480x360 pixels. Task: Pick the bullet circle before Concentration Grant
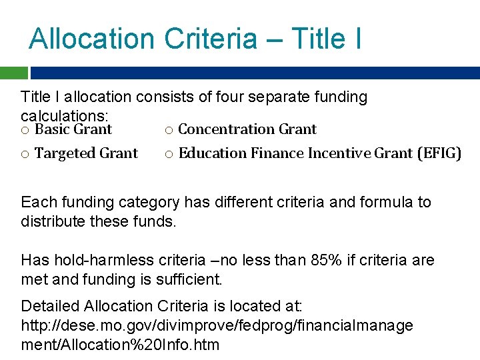click(x=169, y=130)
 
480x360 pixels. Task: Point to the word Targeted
click(x=65, y=153)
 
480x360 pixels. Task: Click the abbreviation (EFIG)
click(x=439, y=153)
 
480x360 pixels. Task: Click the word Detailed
click(x=50, y=306)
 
